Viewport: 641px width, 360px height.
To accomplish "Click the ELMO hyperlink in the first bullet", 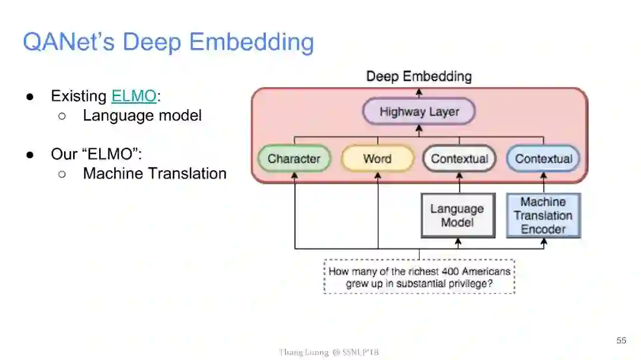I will [134, 96].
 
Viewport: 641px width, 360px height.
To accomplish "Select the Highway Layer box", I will [419, 112].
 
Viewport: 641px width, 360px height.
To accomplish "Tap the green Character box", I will [294, 159].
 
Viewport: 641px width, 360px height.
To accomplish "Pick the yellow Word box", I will [377, 159].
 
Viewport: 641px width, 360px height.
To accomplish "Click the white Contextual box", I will [459, 159].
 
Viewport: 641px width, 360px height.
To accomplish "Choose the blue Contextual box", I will [543, 159].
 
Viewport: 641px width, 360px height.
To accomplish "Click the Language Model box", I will [457, 216].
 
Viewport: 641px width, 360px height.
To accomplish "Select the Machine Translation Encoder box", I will [542, 216].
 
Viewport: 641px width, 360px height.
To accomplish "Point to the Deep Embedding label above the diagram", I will [418, 77].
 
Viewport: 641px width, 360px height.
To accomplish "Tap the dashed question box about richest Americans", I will [419, 277].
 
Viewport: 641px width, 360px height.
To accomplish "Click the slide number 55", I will [621, 340].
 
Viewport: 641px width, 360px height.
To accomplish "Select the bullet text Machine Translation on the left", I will [154, 174].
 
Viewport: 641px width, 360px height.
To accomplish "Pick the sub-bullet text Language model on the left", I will [142, 115].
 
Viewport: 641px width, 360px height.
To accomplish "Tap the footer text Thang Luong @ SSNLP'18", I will [328, 352].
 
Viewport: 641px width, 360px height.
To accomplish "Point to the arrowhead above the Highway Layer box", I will [419, 93].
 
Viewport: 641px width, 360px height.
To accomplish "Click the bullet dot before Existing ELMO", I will [29, 96].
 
